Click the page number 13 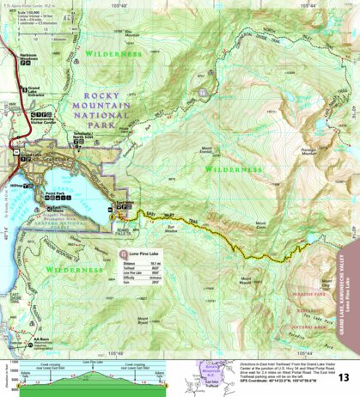(343, 377)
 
